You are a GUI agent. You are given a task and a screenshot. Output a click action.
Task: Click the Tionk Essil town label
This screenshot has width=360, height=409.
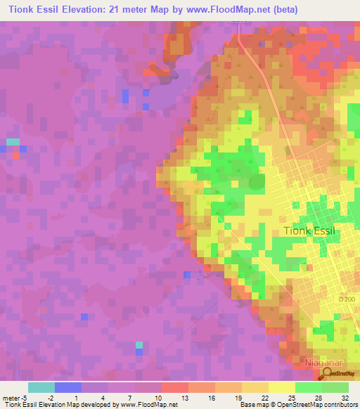[311, 231]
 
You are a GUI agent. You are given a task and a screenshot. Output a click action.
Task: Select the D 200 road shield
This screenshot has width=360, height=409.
[347, 299]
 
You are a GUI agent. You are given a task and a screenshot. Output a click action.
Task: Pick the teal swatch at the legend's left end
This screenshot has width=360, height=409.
[41, 387]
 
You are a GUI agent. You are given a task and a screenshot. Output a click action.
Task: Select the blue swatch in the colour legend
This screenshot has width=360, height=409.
[67, 387]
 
